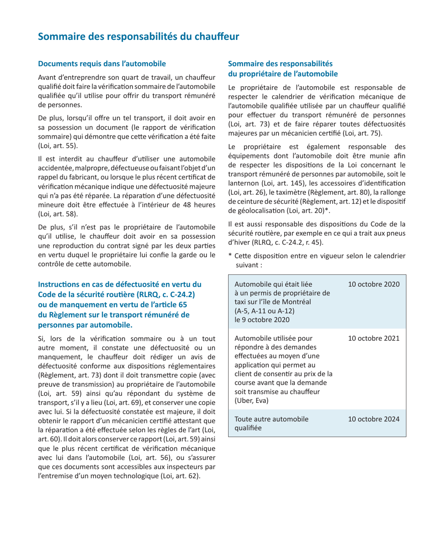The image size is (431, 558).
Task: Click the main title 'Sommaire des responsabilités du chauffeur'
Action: click(x=138, y=37)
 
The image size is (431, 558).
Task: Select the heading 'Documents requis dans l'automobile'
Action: click(x=98, y=63)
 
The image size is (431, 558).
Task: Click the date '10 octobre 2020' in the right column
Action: click(x=373, y=284)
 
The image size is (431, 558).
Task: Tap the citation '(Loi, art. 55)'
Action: click(x=58, y=146)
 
